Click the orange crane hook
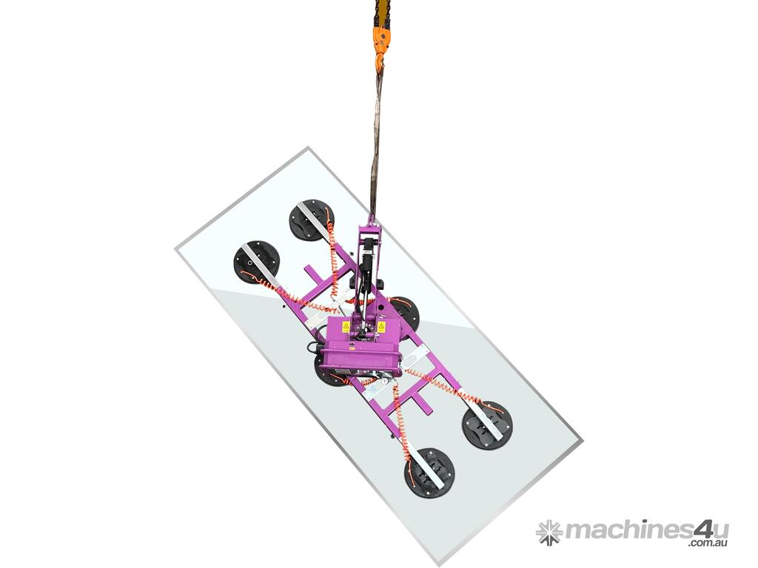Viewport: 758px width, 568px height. [380, 48]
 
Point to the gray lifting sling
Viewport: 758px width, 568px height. [376, 145]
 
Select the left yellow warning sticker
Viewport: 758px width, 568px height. [346, 326]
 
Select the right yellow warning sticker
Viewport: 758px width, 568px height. [381, 326]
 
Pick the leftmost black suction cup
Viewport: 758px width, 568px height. [257, 263]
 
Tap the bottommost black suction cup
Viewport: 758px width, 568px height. [429, 473]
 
